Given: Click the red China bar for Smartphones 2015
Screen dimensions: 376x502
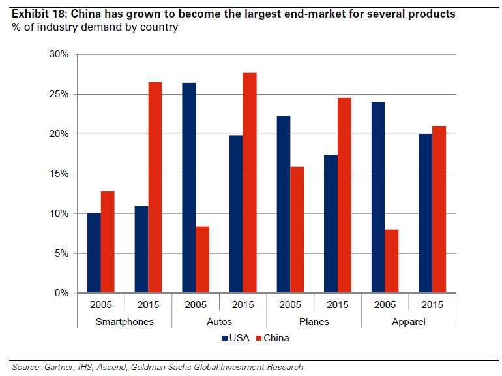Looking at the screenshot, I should [x=155, y=187].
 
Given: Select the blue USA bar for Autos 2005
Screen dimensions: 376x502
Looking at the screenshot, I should [x=188, y=188].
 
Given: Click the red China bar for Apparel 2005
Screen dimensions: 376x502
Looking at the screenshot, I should [x=392, y=261].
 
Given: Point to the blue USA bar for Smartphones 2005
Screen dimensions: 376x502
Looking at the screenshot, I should [x=94, y=253].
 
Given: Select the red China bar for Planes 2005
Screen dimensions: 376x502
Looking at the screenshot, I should [x=297, y=230].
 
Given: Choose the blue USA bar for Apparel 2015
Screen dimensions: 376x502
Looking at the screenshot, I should [x=424, y=213].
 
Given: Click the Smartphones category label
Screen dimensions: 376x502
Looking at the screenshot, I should [x=125, y=321].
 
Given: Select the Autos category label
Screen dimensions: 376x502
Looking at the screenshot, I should [x=219, y=321].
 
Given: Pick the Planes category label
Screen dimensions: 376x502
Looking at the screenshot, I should [x=314, y=321].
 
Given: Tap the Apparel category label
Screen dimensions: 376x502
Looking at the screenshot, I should [x=408, y=321].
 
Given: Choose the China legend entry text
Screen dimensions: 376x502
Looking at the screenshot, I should [x=276, y=338].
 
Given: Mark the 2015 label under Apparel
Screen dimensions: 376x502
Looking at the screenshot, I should [x=432, y=305].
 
